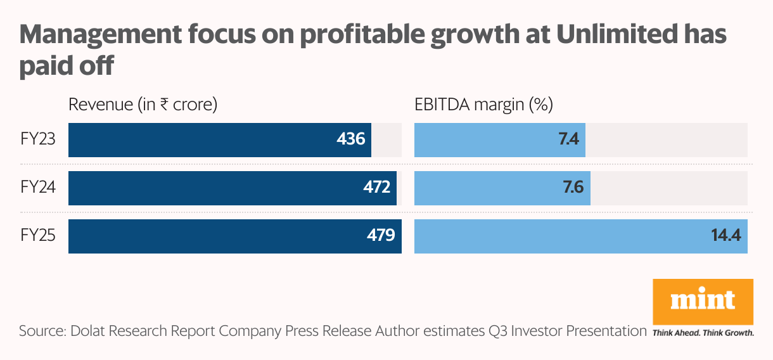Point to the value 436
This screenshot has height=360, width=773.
[x=351, y=138]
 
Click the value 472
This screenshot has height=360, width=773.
[x=376, y=187]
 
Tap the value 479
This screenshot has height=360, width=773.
[x=381, y=235]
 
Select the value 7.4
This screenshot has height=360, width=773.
[x=568, y=138]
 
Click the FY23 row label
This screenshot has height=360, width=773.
[x=38, y=139]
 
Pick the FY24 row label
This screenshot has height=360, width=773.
[x=38, y=188]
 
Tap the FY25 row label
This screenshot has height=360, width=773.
[x=38, y=236]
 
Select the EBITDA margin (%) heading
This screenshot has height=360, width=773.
[x=484, y=105]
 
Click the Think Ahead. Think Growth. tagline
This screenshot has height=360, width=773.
[x=703, y=332]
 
